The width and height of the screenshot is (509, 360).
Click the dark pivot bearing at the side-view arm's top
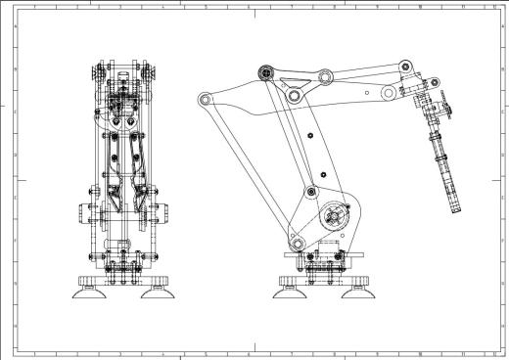(264, 71)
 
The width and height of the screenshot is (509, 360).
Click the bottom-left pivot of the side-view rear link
(293, 239)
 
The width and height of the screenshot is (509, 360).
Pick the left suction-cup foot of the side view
(293, 284)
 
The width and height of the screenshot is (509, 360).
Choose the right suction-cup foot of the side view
(359, 284)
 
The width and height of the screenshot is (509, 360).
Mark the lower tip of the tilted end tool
(455, 209)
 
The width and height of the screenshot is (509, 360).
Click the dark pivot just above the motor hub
(310, 192)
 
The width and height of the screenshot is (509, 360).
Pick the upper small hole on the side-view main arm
(309, 134)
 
